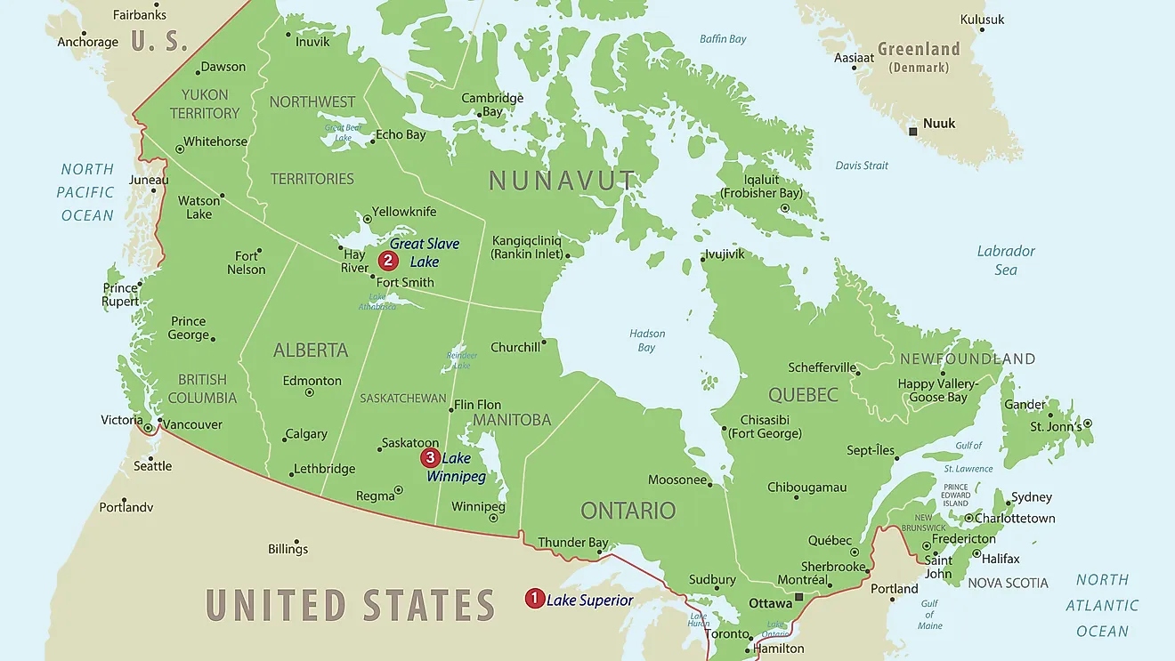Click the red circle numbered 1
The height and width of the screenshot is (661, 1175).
[534, 599]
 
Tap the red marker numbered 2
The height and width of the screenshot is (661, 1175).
[387, 261]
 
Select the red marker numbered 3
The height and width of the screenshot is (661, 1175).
[430, 458]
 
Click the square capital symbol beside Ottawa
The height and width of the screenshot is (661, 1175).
[799, 597]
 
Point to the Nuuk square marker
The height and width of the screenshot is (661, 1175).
[912, 132]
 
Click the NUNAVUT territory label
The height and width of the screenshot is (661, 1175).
[563, 181]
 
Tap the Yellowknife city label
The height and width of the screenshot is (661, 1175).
[404, 212]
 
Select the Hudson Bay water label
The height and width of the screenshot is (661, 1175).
[647, 341]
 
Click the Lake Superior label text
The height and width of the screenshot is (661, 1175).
[589, 601]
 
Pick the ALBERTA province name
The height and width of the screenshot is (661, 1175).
[311, 351]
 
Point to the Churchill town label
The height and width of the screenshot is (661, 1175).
[515, 347]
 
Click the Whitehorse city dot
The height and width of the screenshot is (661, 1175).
[179, 149]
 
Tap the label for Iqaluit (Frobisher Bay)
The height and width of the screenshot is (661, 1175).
[761, 186]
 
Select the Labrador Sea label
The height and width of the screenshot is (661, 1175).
[1006, 260]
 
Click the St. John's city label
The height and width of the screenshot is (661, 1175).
[1056, 427]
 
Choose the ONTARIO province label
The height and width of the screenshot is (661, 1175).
[628, 511]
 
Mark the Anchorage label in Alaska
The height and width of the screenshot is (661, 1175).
[87, 42]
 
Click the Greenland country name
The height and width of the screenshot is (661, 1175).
[919, 49]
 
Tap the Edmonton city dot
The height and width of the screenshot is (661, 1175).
[310, 392]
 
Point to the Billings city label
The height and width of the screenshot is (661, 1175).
[288, 549]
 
